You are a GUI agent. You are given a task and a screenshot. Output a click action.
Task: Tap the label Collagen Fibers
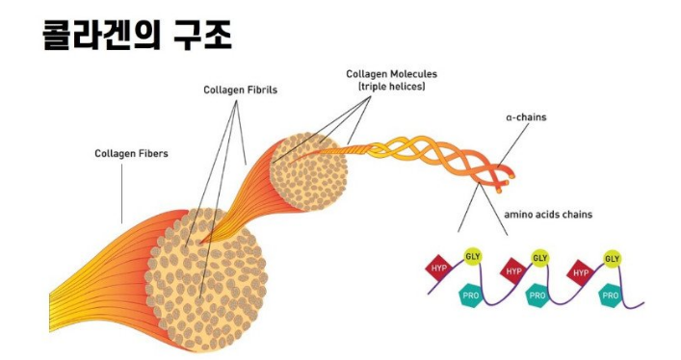133,152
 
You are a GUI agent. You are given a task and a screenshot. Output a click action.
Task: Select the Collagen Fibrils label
240,90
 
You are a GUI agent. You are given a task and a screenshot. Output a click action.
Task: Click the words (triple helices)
392,86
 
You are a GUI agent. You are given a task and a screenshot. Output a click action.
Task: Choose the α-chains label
527,118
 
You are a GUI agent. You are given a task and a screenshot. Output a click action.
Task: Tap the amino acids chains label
547,215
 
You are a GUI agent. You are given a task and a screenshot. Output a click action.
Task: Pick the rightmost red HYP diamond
581,272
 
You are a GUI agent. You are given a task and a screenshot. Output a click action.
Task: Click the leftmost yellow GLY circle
472,257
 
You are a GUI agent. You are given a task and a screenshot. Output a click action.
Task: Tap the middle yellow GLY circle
540,258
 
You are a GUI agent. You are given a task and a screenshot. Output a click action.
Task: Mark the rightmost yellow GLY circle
611,258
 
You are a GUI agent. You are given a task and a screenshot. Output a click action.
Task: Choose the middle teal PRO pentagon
537,296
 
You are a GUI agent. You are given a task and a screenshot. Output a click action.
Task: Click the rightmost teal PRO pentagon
609,296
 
